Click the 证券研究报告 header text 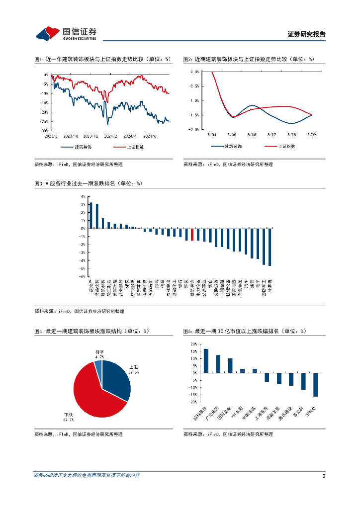point(307,35)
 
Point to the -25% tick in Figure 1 point(45,121)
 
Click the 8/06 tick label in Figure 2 point(252,135)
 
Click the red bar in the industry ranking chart point(192,235)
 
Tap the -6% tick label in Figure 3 point(83,276)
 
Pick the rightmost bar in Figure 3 point(270,247)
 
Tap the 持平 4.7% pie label point(99,354)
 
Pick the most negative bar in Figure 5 point(315,385)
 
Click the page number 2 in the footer point(324,476)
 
